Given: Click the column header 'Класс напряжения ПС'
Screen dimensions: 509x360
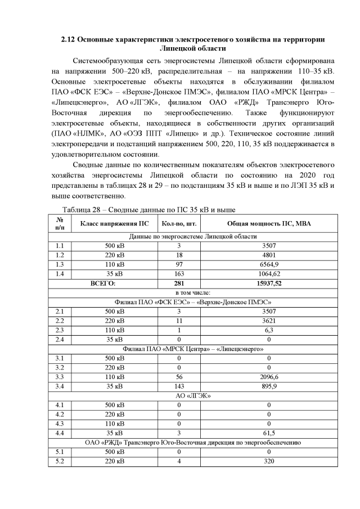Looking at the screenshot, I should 115,224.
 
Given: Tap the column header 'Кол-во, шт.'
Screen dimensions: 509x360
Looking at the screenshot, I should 178,224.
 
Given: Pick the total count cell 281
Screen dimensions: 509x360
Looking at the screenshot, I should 178,283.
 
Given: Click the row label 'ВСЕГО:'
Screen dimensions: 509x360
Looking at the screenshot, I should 102,283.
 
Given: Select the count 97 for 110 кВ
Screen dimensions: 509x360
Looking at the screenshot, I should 178,264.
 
